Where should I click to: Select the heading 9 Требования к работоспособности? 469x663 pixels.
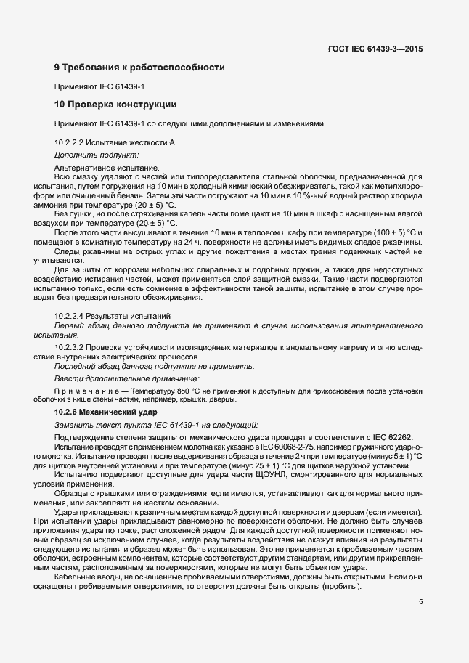click(x=139, y=68)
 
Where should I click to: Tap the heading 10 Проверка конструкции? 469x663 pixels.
click(x=115, y=105)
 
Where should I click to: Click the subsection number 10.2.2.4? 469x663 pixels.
click(x=71, y=317)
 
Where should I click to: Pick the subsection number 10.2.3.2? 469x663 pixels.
click(x=71, y=348)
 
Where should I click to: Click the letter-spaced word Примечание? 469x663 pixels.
click(x=81, y=391)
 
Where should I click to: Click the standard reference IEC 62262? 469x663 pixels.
click(x=390, y=437)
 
